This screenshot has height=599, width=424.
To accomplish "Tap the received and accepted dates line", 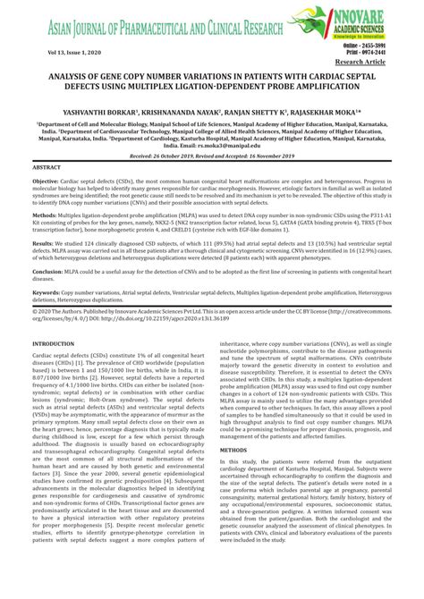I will point(211,156).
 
